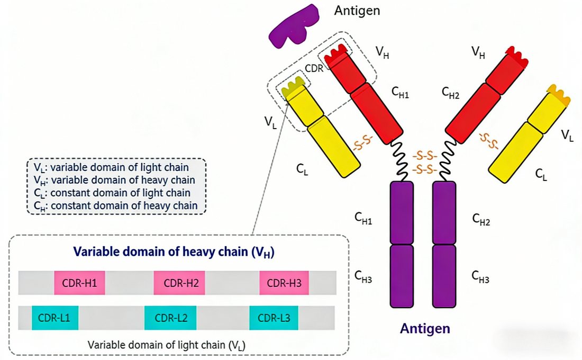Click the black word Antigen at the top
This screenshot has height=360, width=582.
click(x=357, y=10)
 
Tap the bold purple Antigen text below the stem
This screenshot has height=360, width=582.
click(x=425, y=329)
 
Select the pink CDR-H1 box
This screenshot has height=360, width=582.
click(x=79, y=283)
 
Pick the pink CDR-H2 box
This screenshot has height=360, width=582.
click(x=179, y=283)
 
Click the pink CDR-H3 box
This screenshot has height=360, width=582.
click(x=284, y=283)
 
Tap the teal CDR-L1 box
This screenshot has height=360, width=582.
click(x=55, y=318)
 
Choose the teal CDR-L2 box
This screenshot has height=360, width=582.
click(x=170, y=318)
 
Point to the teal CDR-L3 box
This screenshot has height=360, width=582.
click(x=274, y=318)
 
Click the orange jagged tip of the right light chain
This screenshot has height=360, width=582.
click(x=560, y=95)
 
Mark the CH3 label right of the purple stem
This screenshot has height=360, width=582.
click(x=481, y=275)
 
